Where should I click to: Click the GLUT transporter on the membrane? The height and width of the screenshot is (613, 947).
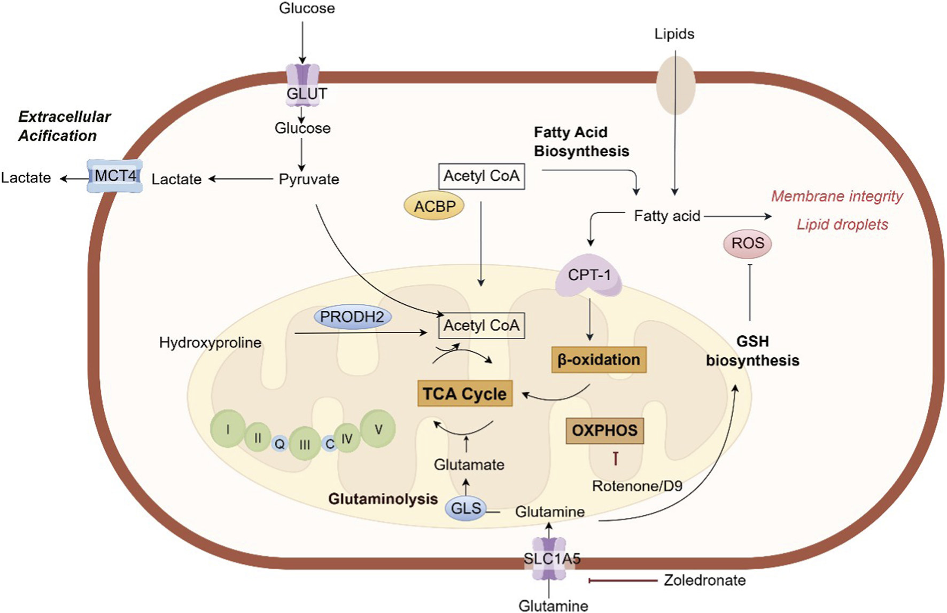(x=303, y=85)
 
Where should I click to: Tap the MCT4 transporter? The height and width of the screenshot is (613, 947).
(x=115, y=176)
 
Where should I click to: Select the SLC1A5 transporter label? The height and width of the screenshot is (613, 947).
(x=551, y=559)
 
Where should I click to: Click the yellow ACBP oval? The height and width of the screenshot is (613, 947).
(x=434, y=206)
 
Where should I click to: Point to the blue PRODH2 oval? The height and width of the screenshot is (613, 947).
(x=352, y=317)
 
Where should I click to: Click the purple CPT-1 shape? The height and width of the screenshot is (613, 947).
(x=588, y=275)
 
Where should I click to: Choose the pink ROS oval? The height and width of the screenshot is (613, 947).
(x=747, y=243)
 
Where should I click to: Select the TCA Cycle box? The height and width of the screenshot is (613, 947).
(x=464, y=394)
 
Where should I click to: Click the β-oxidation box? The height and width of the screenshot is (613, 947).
(x=599, y=360)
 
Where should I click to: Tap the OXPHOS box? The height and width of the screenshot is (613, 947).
(x=604, y=430)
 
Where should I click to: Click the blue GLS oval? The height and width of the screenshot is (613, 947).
(x=466, y=508)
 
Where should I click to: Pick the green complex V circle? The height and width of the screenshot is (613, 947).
(x=378, y=429)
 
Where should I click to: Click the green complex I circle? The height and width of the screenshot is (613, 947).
(x=228, y=429)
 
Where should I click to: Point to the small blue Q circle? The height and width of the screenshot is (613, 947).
(x=280, y=443)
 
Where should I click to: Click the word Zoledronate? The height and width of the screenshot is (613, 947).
(x=704, y=580)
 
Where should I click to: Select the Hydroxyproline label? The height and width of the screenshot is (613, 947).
(x=210, y=343)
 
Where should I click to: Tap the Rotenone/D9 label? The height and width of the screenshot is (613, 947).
(x=637, y=486)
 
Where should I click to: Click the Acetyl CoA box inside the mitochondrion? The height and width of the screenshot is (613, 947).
(x=481, y=326)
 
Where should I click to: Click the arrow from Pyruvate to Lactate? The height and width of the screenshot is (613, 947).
(x=240, y=179)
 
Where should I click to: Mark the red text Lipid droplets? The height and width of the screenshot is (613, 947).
(x=842, y=225)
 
